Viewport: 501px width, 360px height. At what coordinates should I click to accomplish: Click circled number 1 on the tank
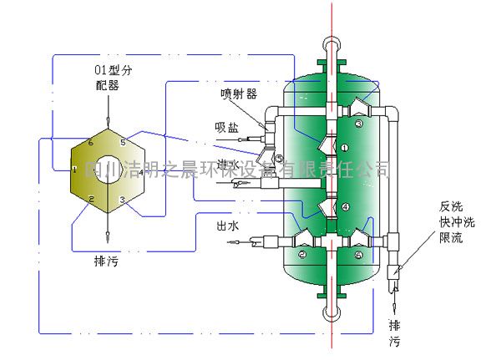344,147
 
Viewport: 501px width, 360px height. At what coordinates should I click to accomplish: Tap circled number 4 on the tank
344,205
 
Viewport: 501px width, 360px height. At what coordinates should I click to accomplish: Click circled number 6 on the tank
359,255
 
